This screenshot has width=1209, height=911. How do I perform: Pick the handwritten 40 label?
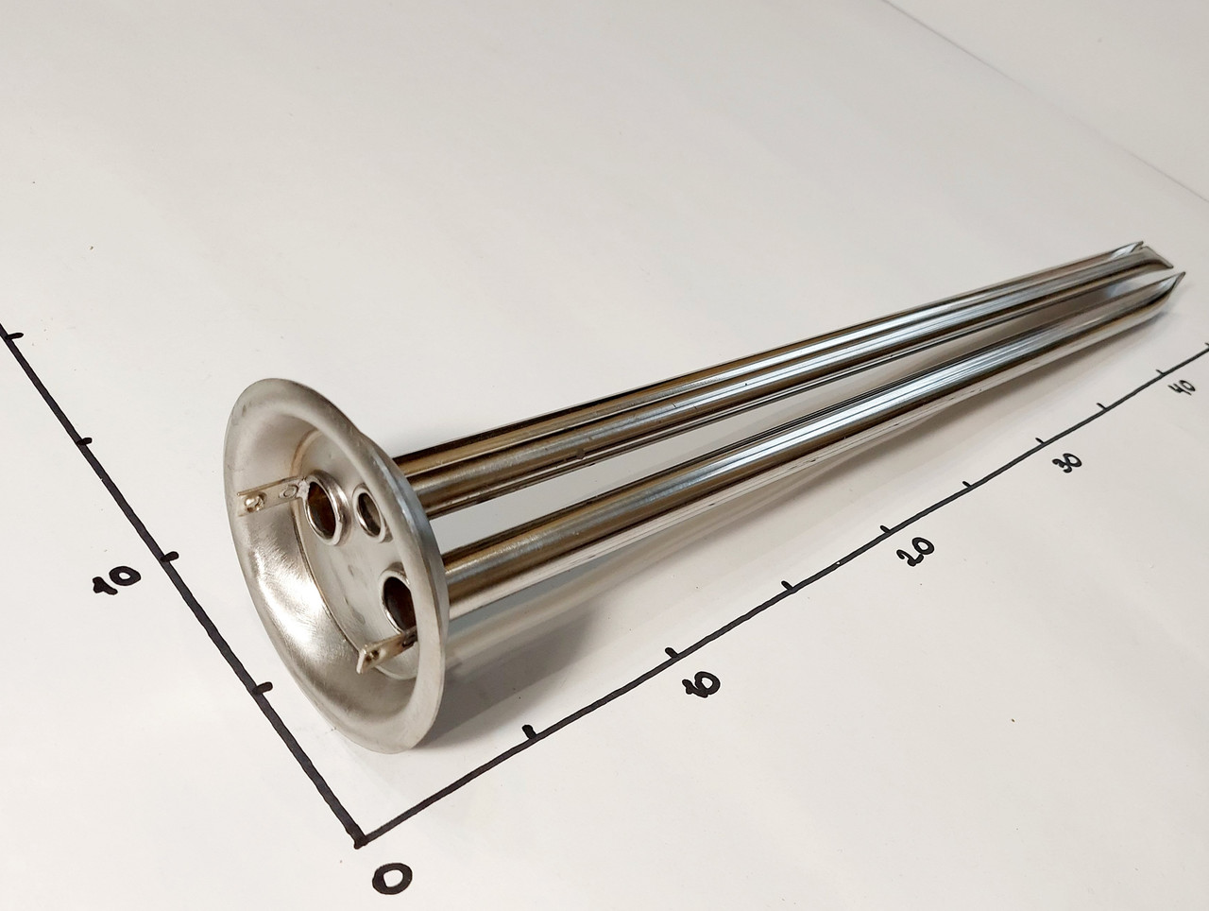coord(1183,384)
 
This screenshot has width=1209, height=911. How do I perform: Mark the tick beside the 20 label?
coord(885,530)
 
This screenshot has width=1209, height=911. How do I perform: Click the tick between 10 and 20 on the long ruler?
coord(788,585)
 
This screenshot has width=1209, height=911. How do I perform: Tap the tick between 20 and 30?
coord(967,483)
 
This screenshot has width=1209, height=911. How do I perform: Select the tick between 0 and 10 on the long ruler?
coord(531,731)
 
